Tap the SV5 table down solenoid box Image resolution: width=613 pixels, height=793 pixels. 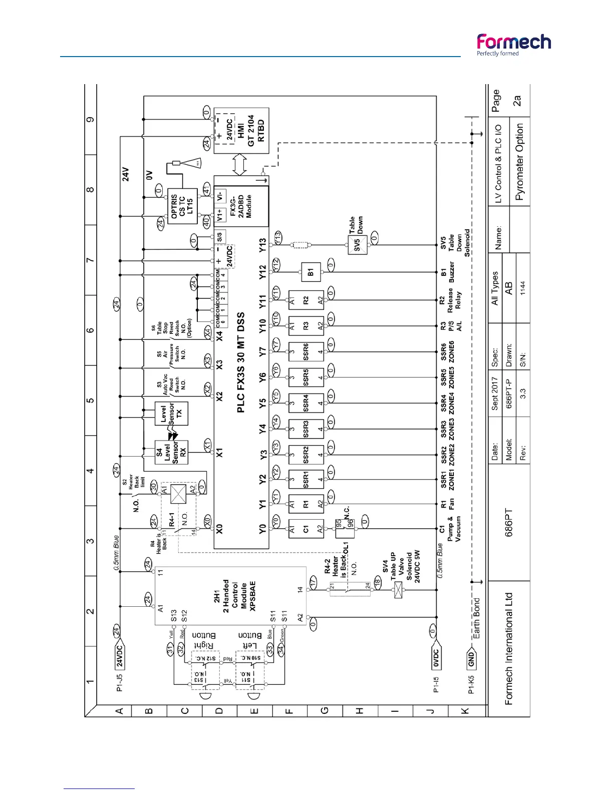coord(358,245)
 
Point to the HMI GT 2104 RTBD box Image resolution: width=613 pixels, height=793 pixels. coord(241,131)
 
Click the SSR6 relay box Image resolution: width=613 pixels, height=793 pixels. coord(306,352)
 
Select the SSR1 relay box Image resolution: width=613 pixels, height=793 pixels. coord(306,480)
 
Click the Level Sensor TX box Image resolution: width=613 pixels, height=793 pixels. coord(171,414)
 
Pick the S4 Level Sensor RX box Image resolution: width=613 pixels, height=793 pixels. coord(171,453)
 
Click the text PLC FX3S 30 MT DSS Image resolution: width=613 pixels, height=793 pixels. coord(241,363)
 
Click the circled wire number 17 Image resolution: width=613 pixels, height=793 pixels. coord(314,582)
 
